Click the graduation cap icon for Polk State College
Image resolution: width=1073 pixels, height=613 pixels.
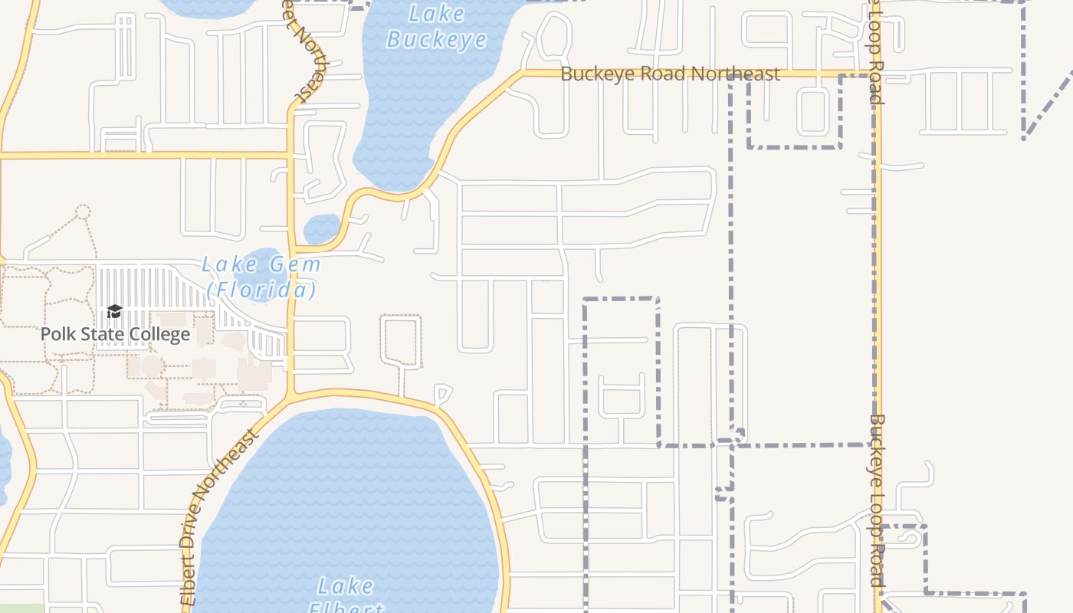[114, 311]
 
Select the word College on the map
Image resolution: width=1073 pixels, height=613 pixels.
[161, 335]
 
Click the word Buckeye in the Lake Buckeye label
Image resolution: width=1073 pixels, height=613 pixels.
[436, 39]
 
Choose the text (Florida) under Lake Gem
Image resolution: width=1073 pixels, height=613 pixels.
[261, 290]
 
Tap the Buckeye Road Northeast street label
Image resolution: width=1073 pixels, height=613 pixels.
[670, 74]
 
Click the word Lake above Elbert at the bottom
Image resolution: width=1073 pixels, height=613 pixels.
[346, 587]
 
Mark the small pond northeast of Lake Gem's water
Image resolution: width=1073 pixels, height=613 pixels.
[322, 228]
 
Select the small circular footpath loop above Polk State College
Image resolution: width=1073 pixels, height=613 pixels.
[83, 211]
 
